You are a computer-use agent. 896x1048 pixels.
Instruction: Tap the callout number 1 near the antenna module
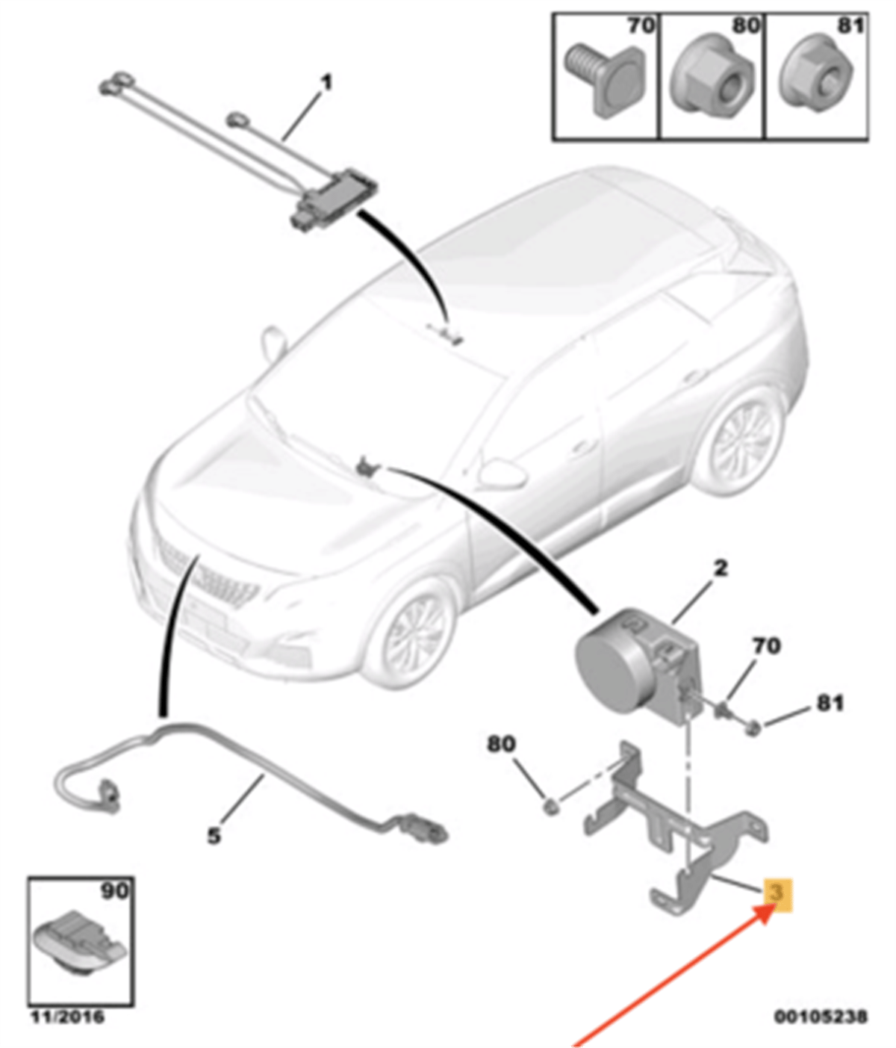[327, 83]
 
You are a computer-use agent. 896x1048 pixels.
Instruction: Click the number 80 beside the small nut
[501, 744]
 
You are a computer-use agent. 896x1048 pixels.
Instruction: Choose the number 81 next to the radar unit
[830, 703]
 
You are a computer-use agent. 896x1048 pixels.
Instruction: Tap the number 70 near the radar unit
[766, 646]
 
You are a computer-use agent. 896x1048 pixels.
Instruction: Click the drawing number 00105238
[820, 1016]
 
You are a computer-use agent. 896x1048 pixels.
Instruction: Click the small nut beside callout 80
[550, 807]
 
